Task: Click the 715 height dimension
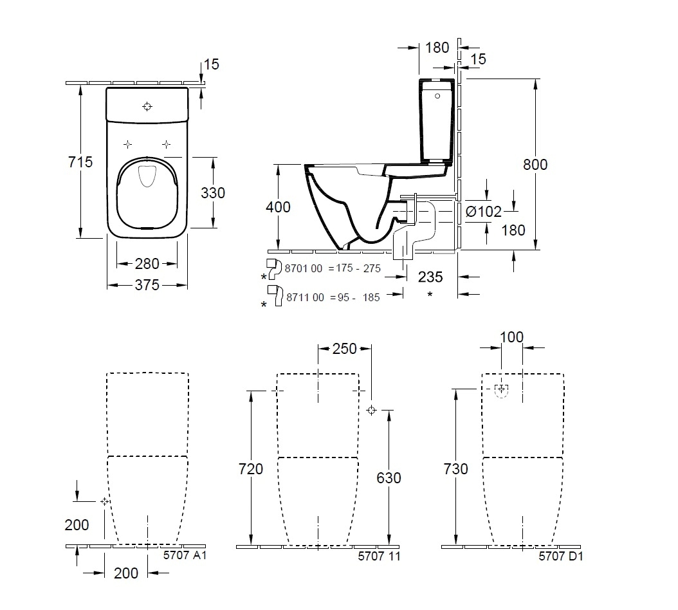tap(81, 162)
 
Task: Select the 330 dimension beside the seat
tap(212, 192)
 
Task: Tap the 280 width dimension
tap(147, 263)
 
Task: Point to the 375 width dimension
tap(147, 284)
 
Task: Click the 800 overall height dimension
tap(535, 165)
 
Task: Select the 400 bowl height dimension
tap(278, 207)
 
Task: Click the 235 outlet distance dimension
tap(430, 277)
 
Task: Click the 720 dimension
tap(251, 469)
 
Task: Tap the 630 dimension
tap(389, 477)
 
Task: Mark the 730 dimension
tap(455, 469)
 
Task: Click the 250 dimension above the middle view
tap(345, 348)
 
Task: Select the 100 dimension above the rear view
tap(511, 337)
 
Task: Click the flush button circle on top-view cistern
tap(147, 106)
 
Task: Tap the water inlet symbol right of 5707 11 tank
tap(371, 411)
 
